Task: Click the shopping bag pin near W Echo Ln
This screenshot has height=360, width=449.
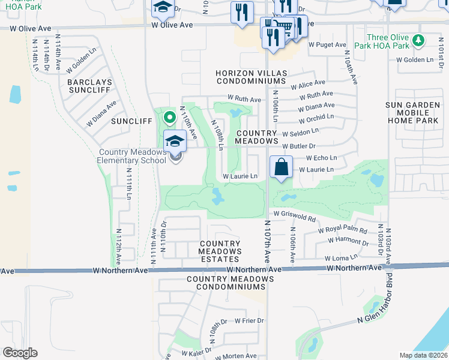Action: [282, 167]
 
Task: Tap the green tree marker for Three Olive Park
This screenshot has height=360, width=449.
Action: [419, 40]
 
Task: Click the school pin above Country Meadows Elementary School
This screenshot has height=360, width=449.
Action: [175, 142]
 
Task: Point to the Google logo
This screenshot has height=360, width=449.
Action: [20, 353]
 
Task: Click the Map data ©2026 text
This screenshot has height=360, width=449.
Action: [423, 355]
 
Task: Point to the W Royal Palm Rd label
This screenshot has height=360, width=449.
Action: [342, 230]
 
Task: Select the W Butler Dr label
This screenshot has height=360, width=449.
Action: [298, 146]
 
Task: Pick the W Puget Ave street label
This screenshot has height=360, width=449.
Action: [327, 44]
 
